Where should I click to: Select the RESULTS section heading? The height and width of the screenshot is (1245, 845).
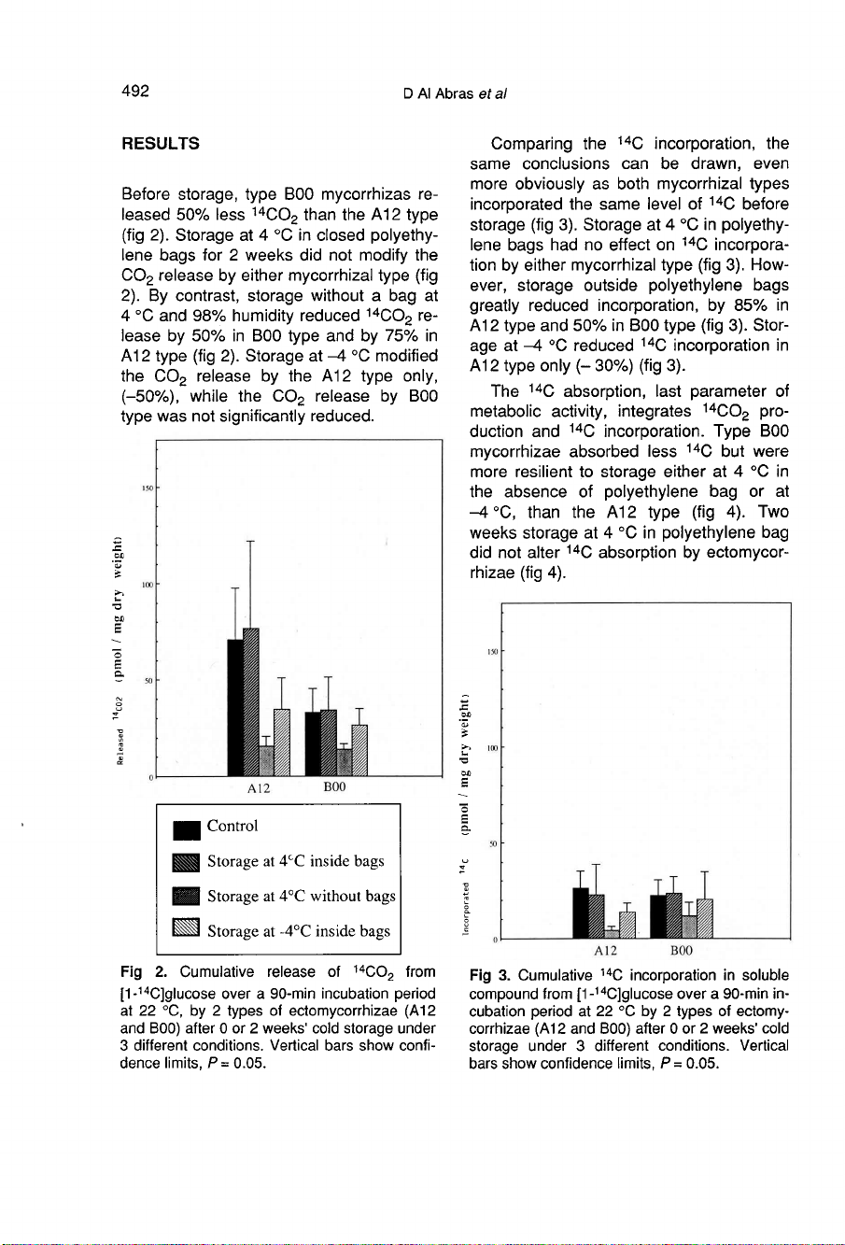[x=161, y=144]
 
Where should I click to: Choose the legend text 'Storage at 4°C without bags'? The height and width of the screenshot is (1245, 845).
[x=301, y=897]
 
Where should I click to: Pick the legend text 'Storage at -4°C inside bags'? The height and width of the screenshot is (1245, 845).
[x=298, y=931]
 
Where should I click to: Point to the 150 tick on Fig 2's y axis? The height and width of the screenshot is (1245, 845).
[x=146, y=488]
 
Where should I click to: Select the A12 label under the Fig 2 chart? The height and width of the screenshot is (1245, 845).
[x=259, y=789]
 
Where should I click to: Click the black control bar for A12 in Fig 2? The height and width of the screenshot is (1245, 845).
[x=234, y=707]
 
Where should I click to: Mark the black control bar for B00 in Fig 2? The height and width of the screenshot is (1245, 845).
[x=312, y=743]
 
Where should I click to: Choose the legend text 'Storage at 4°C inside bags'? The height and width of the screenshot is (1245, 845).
[x=295, y=861]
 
